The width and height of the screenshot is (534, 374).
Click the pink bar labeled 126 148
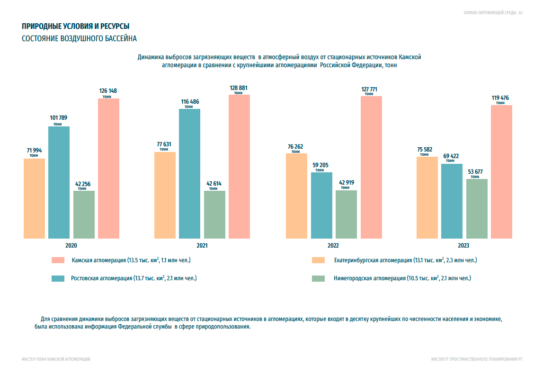[108, 168]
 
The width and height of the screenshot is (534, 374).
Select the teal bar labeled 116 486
[189, 173]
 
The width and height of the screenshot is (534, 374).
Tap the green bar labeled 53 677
[477, 208]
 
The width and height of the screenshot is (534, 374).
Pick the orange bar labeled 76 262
[296, 196]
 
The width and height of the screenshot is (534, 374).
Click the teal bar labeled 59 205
[321, 205]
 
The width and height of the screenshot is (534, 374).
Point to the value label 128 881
[239, 88]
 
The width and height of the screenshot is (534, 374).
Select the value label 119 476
[500, 98]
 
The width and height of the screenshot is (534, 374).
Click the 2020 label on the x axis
[71, 246]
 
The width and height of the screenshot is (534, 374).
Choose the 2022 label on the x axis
[333, 246]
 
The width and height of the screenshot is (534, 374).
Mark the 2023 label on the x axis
[463, 246]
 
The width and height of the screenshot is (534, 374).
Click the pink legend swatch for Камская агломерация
[58, 260]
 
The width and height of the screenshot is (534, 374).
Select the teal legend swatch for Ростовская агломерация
[58, 278]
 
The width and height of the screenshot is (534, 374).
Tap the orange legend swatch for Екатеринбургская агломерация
[318, 260]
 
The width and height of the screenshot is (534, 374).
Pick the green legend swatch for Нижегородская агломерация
[318, 278]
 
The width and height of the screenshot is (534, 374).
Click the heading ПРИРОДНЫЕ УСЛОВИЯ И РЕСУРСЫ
[76, 27]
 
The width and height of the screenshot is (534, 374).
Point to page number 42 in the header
[520, 13]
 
